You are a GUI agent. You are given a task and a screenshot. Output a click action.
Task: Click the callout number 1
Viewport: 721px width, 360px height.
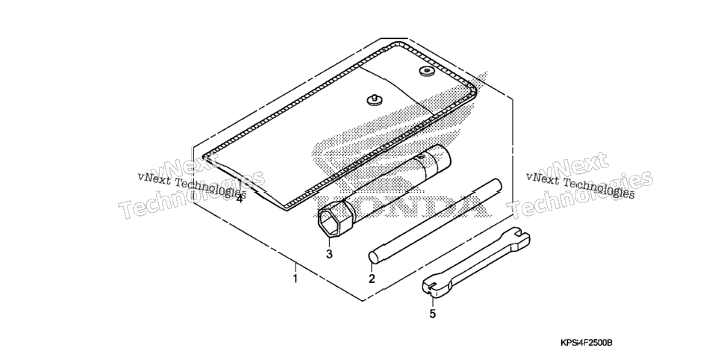(x=296, y=279)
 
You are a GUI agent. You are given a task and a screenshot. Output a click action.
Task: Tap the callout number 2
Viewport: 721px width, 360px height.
(x=372, y=279)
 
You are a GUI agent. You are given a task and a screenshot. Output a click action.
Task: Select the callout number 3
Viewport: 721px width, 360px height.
(x=329, y=254)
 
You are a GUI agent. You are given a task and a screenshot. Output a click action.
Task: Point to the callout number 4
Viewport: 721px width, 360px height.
(x=239, y=199)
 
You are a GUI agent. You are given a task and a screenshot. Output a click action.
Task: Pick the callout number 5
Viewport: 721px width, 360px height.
(x=432, y=314)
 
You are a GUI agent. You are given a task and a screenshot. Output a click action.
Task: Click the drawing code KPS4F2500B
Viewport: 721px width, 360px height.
(x=586, y=343)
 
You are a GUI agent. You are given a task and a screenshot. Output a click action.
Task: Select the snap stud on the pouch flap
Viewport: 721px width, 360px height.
(x=373, y=99)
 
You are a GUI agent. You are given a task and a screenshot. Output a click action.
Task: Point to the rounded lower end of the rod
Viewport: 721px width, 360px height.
(x=373, y=257)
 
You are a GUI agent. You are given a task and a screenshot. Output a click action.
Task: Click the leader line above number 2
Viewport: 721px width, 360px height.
(x=372, y=267)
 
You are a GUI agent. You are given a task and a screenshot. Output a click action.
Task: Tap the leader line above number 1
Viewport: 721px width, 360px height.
(x=296, y=267)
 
